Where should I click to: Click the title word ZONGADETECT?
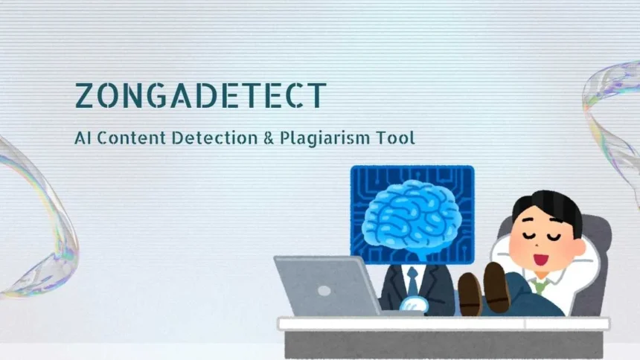click(201, 95)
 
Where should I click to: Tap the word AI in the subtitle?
click(83, 138)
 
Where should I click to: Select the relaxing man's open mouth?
click(542, 260)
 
